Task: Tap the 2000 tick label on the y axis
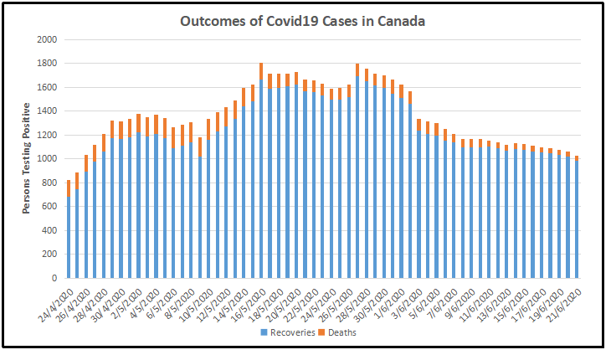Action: [47, 39]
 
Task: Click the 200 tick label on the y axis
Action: [50, 254]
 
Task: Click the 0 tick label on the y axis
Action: [54, 278]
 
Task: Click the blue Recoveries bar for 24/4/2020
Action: [68, 239]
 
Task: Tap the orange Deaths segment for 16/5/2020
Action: [260, 71]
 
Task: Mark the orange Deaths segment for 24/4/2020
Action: [68, 188]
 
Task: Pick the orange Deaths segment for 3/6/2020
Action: [418, 124]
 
